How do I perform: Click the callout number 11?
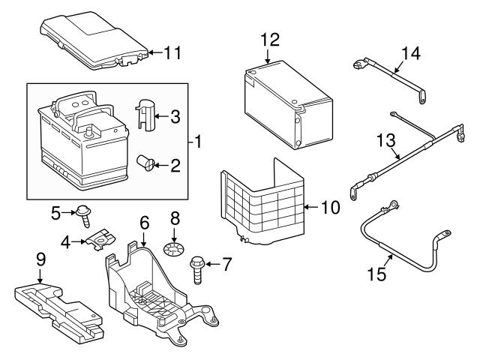[x=172, y=53]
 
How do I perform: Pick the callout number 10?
[x=331, y=208]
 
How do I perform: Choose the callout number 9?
[x=40, y=260]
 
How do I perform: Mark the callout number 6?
[x=145, y=223]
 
